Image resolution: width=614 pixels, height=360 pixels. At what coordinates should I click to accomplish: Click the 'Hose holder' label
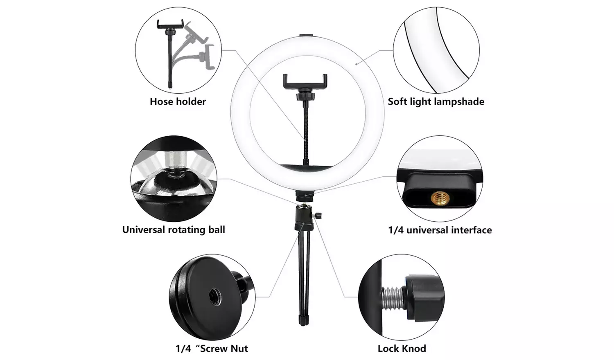click(178, 101)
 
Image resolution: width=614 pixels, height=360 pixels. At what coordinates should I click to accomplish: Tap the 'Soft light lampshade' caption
click(436, 101)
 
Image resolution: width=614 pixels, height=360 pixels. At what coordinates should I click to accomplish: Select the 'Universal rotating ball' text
click(174, 229)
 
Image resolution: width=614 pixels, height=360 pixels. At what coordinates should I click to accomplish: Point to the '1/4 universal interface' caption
click(440, 230)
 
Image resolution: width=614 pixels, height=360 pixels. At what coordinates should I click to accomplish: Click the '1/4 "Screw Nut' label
click(212, 349)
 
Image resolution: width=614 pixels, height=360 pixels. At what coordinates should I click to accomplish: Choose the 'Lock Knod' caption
click(402, 349)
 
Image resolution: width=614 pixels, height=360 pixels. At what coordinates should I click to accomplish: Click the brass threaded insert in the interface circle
click(440, 199)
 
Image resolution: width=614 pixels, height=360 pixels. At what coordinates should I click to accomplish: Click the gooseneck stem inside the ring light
click(305, 123)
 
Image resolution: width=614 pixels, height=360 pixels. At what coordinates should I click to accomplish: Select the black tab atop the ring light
click(305, 36)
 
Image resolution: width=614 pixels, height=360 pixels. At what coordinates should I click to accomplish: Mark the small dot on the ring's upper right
click(356, 63)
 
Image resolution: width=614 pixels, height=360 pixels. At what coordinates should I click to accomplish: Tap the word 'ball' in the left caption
click(217, 229)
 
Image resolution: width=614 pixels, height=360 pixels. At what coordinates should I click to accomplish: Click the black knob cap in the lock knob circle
click(424, 295)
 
